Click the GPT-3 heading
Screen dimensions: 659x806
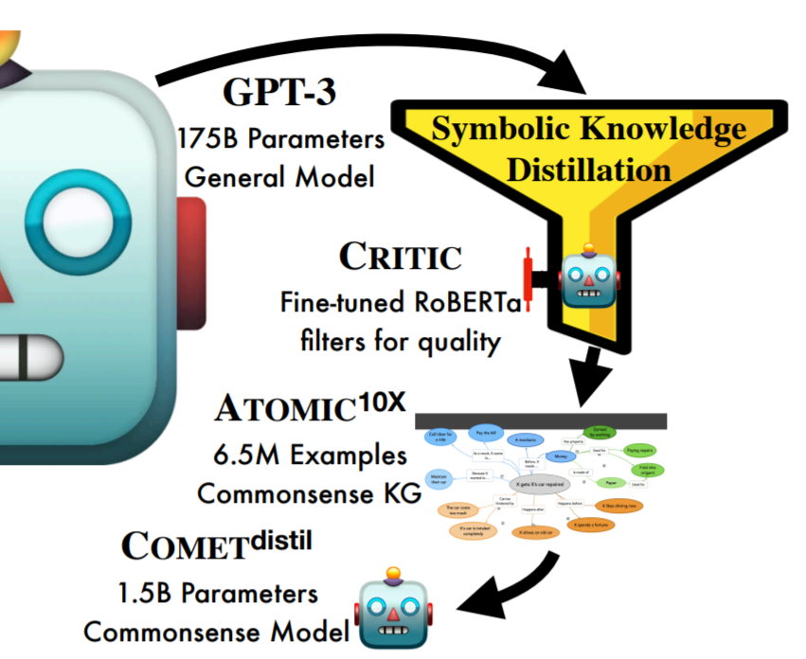pos(279,94)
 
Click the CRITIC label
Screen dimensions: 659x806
pos(401,257)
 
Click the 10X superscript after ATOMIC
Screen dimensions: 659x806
pos(382,401)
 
